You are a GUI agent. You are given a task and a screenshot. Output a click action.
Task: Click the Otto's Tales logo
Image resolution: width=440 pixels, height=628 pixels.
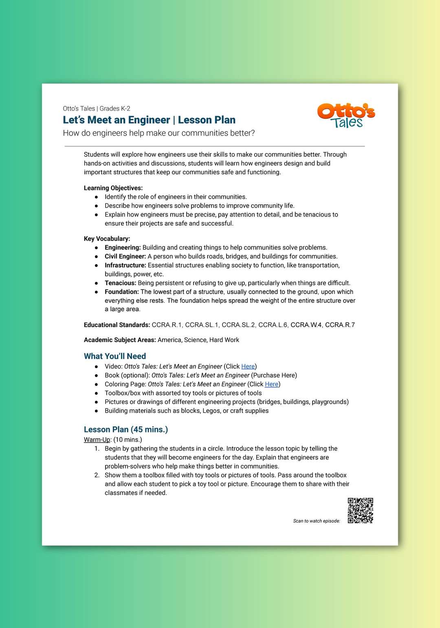pyautogui.click(x=346, y=116)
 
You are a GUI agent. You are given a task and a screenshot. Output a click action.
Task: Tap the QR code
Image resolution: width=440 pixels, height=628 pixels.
pyautogui.click(x=361, y=510)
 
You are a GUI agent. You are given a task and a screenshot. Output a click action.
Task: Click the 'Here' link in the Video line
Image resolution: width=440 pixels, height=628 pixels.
pyautogui.click(x=248, y=367)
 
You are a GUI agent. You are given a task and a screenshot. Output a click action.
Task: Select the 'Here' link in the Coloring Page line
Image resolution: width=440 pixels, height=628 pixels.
pyautogui.click(x=271, y=384)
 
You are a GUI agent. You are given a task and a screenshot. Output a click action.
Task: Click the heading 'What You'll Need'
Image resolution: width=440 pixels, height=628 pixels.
pyautogui.click(x=115, y=356)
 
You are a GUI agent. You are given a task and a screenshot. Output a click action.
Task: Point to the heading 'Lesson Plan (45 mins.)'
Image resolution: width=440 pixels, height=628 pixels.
pyautogui.click(x=126, y=430)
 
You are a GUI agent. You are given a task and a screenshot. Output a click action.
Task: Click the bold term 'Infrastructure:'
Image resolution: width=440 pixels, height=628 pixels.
pyautogui.click(x=125, y=266)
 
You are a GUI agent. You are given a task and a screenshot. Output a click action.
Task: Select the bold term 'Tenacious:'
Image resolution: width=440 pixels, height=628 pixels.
pyautogui.click(x=120, y=283)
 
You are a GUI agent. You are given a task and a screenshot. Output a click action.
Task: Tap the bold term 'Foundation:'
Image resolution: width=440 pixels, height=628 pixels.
pyautogui.click(x=122, y=292)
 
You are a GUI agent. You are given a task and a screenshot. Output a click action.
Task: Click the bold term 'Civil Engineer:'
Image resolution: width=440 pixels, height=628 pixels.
pyautogui.click(x=125, y=257)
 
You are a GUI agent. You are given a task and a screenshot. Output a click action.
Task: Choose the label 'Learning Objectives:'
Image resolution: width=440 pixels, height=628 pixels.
pyautogui.click(x=113, y=188)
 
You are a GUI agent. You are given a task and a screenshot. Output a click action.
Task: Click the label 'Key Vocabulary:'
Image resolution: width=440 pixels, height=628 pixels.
pyautogui.click(x=107, y=239)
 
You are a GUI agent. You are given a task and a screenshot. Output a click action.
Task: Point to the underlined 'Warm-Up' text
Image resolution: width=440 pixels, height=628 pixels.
pyautogui.click(x=97, y=440)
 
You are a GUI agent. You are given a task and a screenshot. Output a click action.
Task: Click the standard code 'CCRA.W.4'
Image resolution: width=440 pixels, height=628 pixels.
pyautogui.click(x=306, y=325)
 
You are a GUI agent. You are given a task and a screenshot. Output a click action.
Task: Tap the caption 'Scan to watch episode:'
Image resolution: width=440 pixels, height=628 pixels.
pyautogui.click(x=317, y=521)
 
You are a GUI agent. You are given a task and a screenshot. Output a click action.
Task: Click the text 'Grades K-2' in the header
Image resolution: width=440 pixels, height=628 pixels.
pyautogui.click(x=115, y=109)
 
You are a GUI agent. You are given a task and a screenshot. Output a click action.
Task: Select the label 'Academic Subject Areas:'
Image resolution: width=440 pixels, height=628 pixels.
pyautogui.click(x=120, y=340)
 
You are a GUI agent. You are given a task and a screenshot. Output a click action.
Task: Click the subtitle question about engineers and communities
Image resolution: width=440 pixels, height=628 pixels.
pyautogui.click(x=159, y=133)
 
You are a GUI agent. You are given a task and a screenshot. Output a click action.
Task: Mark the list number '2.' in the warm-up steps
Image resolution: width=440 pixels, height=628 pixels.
pyautogui.click(x=97, y=475)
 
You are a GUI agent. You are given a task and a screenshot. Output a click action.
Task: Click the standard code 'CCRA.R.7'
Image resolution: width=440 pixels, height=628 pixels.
pyautogui.click(x=340, y=325)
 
